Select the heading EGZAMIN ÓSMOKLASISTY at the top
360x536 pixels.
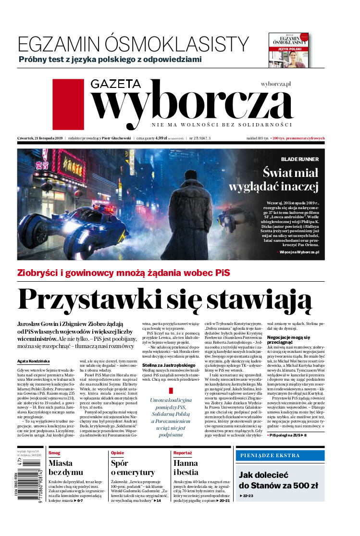point(133,45)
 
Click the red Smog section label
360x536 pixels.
point(54,453)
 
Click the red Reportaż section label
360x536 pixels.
point(183,453)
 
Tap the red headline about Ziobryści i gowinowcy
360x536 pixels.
point(124,273)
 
